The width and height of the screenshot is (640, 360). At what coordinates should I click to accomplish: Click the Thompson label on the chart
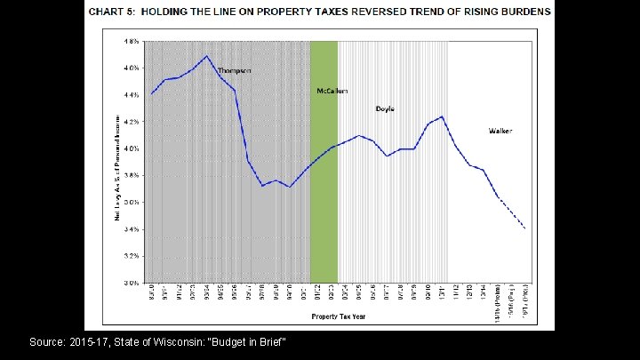pos(235,70)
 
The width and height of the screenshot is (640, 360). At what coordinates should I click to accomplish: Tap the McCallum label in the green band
pos(324,91)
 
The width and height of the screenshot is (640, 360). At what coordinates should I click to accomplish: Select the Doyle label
pos(385,109)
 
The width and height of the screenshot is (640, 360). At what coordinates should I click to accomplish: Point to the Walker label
pos(500,131)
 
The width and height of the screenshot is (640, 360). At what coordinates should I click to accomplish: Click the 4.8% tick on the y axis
pos(131,41)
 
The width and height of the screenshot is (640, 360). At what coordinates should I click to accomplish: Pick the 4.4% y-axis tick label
pos(131,94)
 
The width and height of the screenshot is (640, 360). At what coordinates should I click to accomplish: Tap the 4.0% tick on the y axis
pos(131,148)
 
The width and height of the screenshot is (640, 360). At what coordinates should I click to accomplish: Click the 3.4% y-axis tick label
pos(131,229)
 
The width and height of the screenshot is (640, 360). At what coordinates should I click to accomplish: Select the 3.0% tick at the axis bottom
pos(131,283)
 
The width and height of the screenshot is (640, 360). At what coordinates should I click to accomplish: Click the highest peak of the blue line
pos(207,56)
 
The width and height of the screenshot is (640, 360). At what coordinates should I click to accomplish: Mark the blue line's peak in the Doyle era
pos(442,116)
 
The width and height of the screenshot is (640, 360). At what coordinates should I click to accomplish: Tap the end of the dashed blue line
pos(525,228)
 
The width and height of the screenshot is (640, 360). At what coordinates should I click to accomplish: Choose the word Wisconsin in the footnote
pos(175,342)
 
